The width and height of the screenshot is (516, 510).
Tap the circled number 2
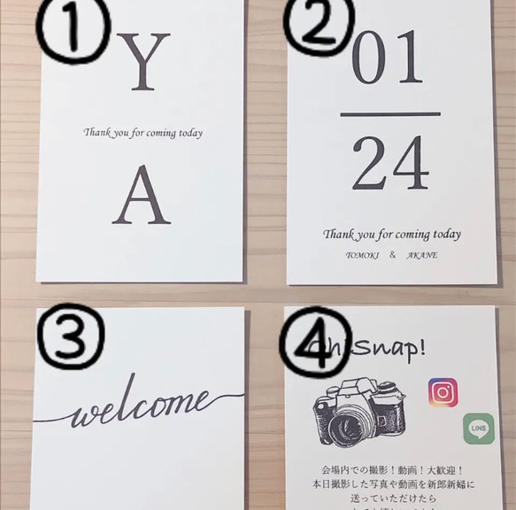319,25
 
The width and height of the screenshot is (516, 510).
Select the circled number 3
70,336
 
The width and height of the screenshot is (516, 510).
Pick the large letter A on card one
141,197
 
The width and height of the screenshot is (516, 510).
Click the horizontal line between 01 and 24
389,114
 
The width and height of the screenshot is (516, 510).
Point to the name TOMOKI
360,255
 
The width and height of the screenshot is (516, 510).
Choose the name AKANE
423,255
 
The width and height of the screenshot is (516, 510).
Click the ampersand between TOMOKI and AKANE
392,255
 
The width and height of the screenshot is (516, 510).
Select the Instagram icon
443,391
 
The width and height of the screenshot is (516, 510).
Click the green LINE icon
478,429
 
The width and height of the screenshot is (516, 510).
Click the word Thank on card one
96,133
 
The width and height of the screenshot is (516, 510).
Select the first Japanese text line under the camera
394,470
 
